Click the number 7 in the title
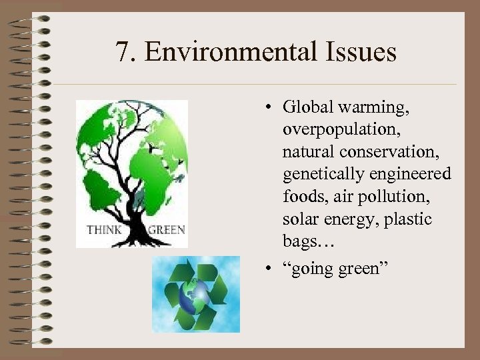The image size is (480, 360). click(x=122, y=52)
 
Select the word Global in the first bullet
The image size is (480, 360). click(x=306, y=107)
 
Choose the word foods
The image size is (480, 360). click(x=301, y=197)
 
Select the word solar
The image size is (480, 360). click(x=300, y=219)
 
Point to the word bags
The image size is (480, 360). click(x=301, y=241)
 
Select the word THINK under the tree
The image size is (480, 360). click(x=104, y=231)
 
